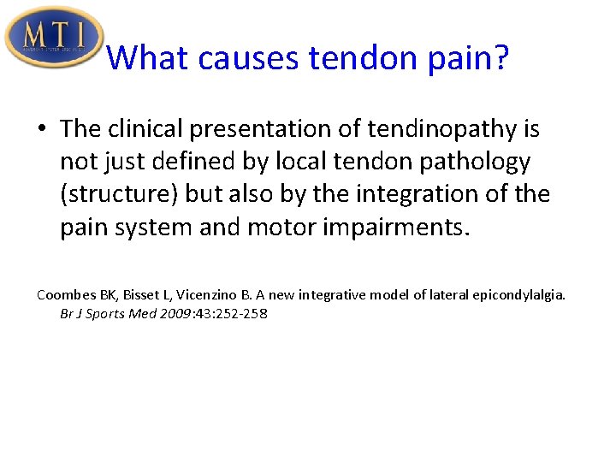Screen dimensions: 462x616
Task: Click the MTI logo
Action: click(x=53, y=36)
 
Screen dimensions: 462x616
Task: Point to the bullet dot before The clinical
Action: click(x=41, y=129)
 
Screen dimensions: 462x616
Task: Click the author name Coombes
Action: click(x=68, y=295)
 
